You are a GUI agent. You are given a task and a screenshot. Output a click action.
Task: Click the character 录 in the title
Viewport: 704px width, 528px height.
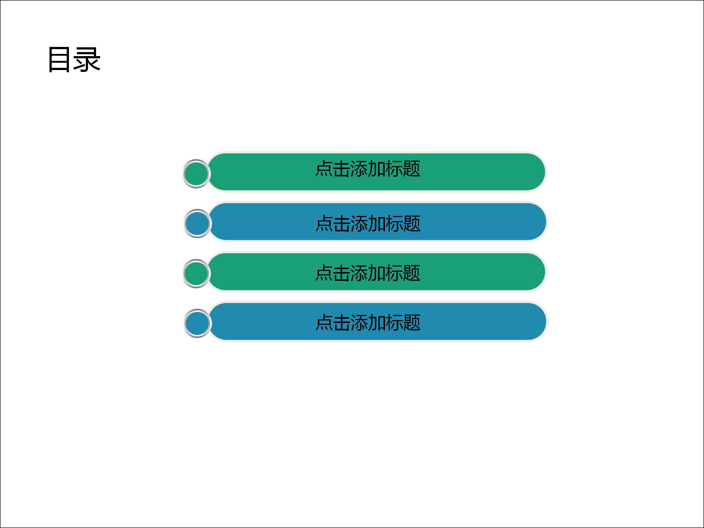tap(87, 60)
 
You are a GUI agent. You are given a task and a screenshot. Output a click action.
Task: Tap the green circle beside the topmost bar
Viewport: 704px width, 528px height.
tap(196, 174)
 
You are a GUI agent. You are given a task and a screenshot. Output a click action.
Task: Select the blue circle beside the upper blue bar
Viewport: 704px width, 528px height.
tap(197, 224)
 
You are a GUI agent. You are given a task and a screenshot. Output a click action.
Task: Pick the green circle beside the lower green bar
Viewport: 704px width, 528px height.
tap(196, 274)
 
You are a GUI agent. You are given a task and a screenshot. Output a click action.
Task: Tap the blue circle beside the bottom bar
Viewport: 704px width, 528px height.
tap(197, 323)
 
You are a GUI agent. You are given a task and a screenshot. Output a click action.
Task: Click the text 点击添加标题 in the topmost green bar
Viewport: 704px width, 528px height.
tap(368, 169)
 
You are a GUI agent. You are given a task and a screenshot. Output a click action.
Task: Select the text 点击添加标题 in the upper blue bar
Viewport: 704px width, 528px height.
tap(368, 223)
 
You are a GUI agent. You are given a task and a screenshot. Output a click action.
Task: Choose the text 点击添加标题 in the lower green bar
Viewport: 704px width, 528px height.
tap(368, 273)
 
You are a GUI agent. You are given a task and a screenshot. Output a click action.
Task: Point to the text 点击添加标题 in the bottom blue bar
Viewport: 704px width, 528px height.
tap(368, 323)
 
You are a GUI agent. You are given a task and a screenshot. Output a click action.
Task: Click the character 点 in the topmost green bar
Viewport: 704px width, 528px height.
tap(324, 169)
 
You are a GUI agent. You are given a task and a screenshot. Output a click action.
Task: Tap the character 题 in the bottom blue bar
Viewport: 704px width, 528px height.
tap(412, 323)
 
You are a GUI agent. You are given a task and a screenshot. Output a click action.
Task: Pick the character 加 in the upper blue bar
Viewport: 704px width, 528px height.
tap(377, 223)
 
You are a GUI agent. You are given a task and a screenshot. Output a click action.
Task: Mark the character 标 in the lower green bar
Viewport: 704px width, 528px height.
tap(394, 273)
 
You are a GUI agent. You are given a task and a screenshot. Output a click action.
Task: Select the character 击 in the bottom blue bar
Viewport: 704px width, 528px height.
tap(341, 323)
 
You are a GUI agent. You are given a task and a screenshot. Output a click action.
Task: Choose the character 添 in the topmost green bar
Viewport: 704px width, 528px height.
tap(359, 169)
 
